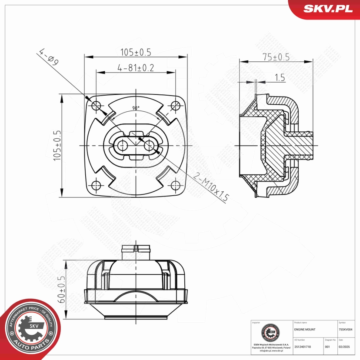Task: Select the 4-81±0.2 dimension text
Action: click(x=136, y=68)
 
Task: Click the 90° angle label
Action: click(x=136, y=108)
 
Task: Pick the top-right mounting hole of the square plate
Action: click(x=175, y=105)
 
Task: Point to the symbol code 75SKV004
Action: click(x=348, y=330)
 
